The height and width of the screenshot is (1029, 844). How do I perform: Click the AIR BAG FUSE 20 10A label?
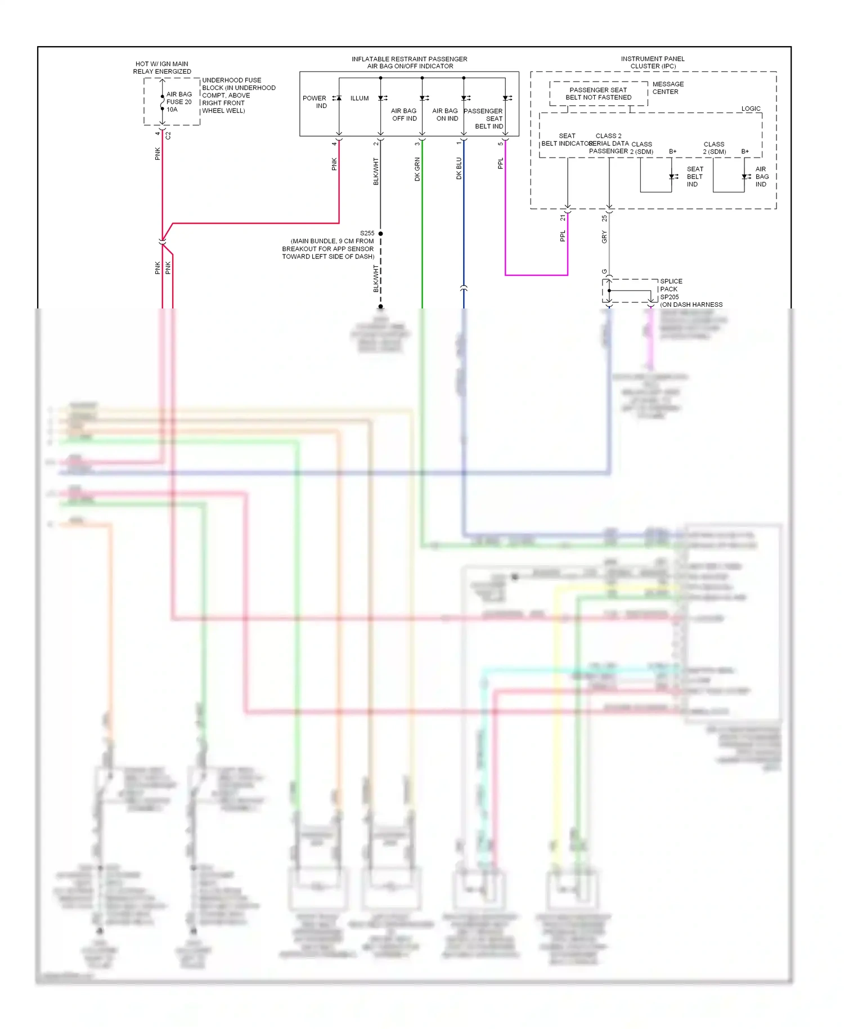click(179, 102)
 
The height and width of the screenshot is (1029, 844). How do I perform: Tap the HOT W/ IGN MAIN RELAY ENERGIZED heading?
click(162, 68)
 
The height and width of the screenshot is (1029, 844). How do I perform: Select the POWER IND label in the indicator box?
click(315, 102)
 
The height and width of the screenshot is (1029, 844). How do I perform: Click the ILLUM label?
click(360, 99)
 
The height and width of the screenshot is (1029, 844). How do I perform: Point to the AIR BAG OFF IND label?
click(404, 115)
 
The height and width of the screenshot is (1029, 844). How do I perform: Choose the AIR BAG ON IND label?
click(446, 115)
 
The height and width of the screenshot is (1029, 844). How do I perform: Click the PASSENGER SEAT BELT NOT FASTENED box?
click(598, 94)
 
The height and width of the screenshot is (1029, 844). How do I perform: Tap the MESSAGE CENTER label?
click(668, 88)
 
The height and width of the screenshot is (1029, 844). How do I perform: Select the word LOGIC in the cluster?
click(751, 109)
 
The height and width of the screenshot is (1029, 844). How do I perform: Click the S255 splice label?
click(367, 233)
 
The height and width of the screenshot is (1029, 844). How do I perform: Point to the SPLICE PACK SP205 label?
click(671, 289)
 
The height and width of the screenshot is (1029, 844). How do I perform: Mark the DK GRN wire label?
click(417, 169)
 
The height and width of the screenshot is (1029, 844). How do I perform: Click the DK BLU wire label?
click(459, 168)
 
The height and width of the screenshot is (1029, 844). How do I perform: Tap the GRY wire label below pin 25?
click(604, 237)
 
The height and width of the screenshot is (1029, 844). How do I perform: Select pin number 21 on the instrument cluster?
click(563, 217)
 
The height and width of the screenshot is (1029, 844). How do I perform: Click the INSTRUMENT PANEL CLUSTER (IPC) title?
click(653, 62)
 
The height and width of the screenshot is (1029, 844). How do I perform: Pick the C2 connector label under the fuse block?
click(168, 136)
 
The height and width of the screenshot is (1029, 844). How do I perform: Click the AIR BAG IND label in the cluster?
click(761, 177)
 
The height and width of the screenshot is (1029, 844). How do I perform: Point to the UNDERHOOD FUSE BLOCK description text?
click(238, 96)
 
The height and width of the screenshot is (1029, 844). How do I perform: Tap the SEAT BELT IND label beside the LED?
click(694, 177)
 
